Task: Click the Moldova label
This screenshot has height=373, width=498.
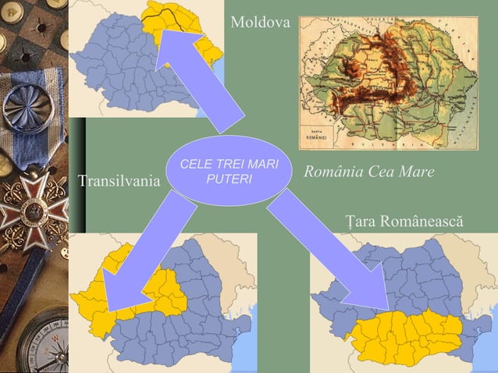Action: pyautogui.click(x=260, y=23)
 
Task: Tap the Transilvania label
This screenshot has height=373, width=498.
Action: pyautogui.click(x=119, y=183)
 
